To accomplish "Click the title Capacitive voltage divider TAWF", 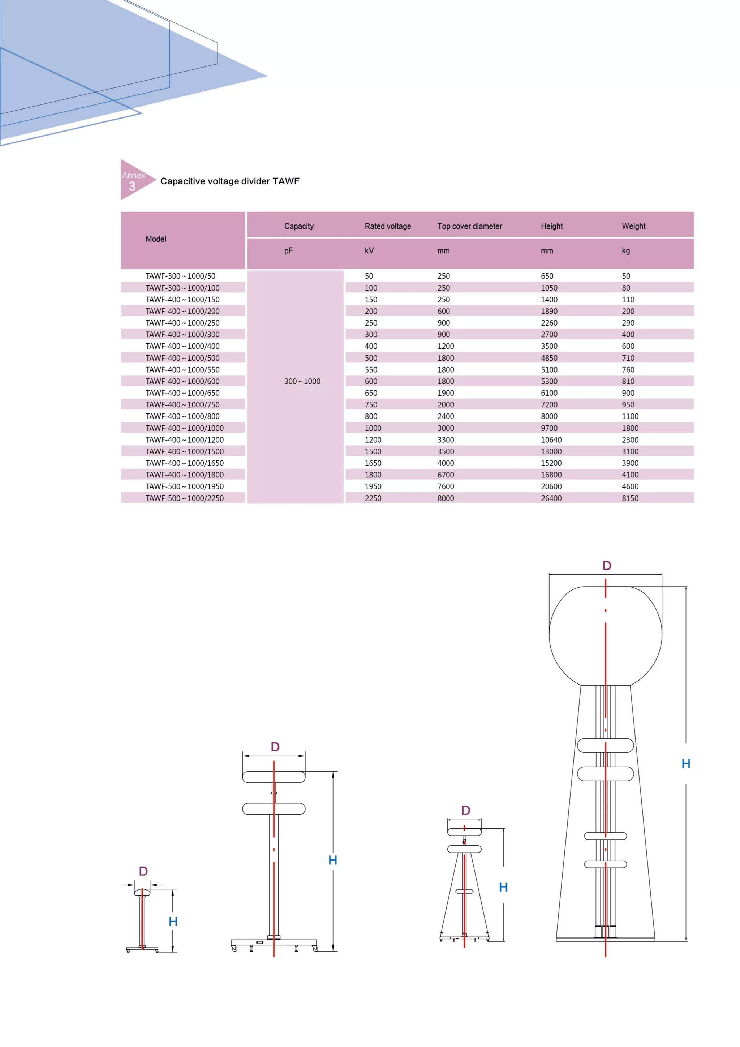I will click(230, 181).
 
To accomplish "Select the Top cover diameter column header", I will click(470, 226).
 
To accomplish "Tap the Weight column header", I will click(633, 226).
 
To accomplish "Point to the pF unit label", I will click(289, 251).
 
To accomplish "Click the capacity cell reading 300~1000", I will click(302, 381).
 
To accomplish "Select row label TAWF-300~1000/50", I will click(181, 276).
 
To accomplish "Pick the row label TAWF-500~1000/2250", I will click(185, 498).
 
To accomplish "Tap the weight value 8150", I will click(630, 498).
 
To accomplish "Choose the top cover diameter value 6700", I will click(446, 475).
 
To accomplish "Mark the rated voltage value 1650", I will click(373, 463).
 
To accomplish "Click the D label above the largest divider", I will click(606, 566).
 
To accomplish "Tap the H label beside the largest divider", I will click(686, 763).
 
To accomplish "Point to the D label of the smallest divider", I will click(143, 871).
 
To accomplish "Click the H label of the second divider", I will click(333, 860).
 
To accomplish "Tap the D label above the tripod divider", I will click(465, 810).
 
